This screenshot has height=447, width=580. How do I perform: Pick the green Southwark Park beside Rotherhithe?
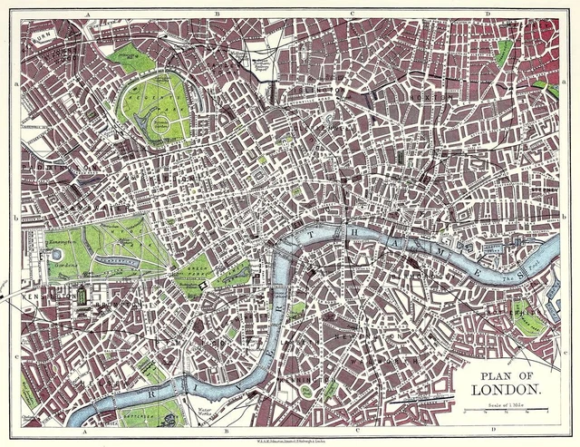(x=528, y=318)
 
